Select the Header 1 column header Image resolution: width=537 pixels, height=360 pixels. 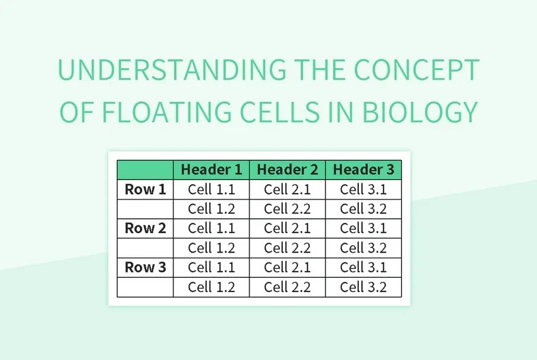tap(211, 170)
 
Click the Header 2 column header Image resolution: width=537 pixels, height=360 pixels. tap(288, 170)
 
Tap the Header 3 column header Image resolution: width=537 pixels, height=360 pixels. tap(364, 170)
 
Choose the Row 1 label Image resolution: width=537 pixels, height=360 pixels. tap(145, 190)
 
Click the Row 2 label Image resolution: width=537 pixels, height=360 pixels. tap(145, 228)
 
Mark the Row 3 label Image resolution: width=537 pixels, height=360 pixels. tap(145, 268)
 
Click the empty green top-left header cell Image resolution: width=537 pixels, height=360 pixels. tap(145, 170)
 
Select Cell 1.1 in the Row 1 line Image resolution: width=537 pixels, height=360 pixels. tap(211, 190)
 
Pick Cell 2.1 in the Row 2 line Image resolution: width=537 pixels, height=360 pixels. tap(288, 228)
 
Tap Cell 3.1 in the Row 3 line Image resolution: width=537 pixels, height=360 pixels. tap(364, 268)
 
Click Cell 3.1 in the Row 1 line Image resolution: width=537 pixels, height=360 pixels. tap(364, 190)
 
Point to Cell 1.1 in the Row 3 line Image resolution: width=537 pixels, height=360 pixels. tap(211, 268)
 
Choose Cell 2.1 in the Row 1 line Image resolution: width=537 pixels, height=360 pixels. tap(288, 190)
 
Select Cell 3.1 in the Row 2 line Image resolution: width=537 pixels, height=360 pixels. tap(364, 228)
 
